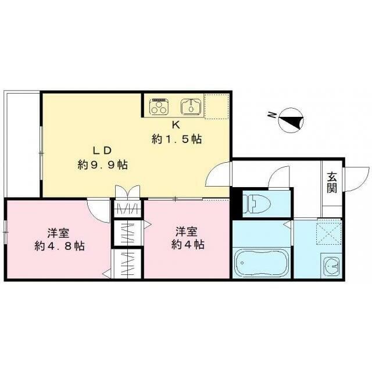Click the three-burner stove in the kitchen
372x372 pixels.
click(159, 107)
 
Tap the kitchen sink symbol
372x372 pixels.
click(191, 107)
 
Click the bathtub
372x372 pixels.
click(262, 263)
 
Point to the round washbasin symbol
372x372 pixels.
click(332, 266)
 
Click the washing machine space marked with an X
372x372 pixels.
click(328, 233)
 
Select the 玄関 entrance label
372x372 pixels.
click(332, 182)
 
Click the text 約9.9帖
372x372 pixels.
click(103, 164)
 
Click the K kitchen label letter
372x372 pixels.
click(176, 125)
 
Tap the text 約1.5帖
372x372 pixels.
click(177, 139)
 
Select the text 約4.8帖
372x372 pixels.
click(59, 246)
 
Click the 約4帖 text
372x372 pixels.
click(188, 244)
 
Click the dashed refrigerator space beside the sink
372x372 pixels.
click(217, 106)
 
